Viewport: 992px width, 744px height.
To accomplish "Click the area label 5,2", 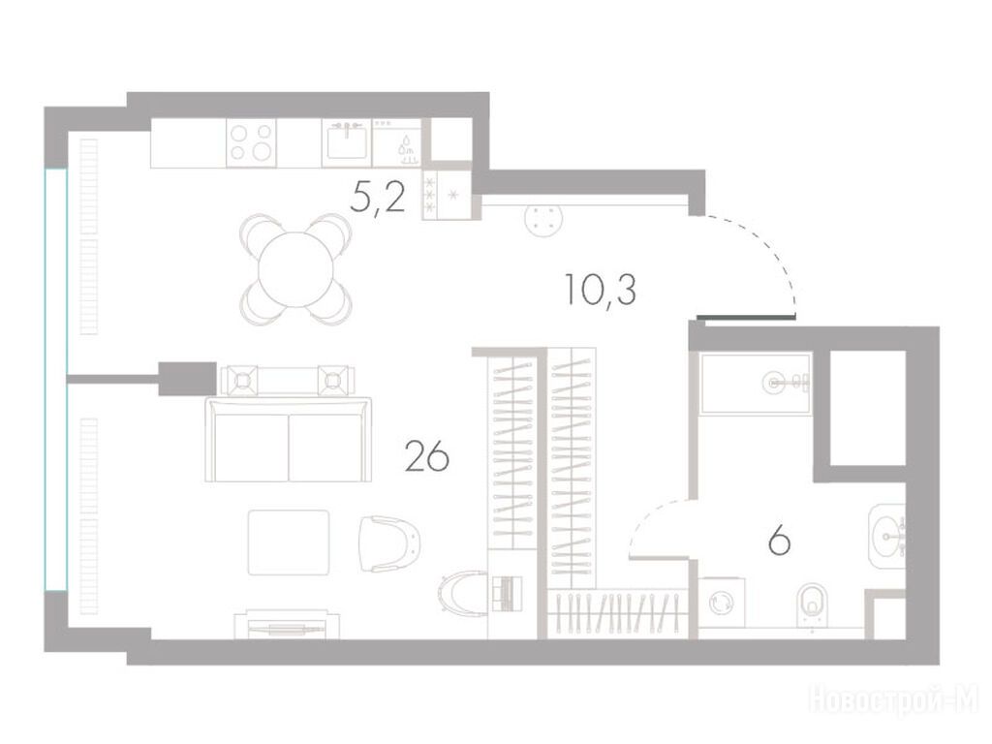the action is click(378, 200).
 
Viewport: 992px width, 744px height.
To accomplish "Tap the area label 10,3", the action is click(601, 290).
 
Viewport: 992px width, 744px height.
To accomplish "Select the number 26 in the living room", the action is click(427, 457).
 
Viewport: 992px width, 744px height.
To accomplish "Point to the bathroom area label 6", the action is click(779, 541).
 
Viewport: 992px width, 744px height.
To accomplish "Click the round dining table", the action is click(295, 269).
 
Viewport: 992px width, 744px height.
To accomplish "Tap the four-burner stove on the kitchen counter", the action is click(251, 143).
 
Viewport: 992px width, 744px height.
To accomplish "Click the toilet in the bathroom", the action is click(813, 604).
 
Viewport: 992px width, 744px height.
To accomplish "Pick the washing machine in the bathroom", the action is click(721, 603).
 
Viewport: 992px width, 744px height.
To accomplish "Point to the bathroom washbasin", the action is click(887, 537).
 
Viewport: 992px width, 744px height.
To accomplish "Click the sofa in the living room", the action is click(289, 439).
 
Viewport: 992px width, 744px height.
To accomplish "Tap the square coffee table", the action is click(289, 542).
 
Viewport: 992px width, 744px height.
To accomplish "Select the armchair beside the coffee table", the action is click(389, 543).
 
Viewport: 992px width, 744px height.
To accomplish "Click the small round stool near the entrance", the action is click(543, 220).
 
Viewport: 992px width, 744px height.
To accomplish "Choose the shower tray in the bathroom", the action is click(756, 384).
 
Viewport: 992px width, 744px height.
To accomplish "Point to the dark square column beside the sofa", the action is click(187, 379).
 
